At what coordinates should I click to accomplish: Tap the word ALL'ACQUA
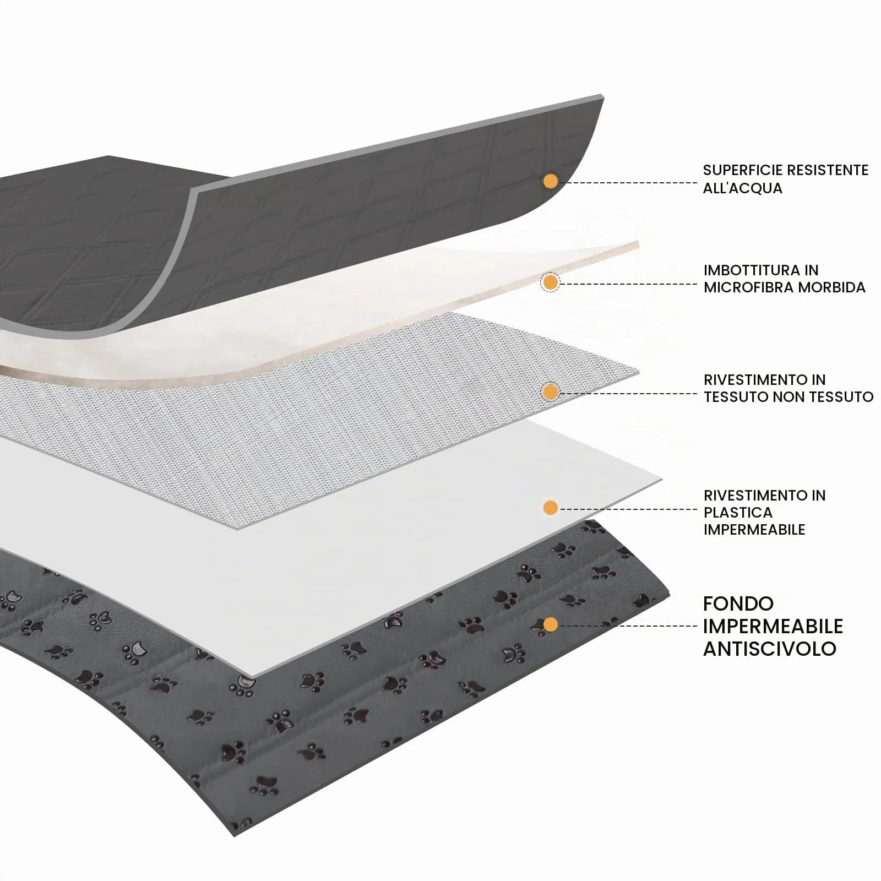[x=742, y=188]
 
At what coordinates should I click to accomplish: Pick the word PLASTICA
[x=738, y=513]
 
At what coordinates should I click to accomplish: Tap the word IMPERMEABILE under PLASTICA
[x=754, y=530]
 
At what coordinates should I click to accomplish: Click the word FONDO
[x=738, y=604]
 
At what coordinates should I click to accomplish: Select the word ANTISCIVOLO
[x=770, y=649]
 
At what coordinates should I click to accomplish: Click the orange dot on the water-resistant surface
[x=550, y=181]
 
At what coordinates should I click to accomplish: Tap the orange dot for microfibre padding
[x=550, y=283]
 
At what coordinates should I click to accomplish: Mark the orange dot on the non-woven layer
[x=550, y=392]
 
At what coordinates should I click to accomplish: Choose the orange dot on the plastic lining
[x=550, y=508]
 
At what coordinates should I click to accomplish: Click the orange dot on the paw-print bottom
[x=550, y=624]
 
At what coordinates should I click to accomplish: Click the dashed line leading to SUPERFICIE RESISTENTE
[x=628, y=182]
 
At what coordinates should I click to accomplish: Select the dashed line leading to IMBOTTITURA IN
[x=628, y=284]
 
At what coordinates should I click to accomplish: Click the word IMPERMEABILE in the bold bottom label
[x=773, y=627]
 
